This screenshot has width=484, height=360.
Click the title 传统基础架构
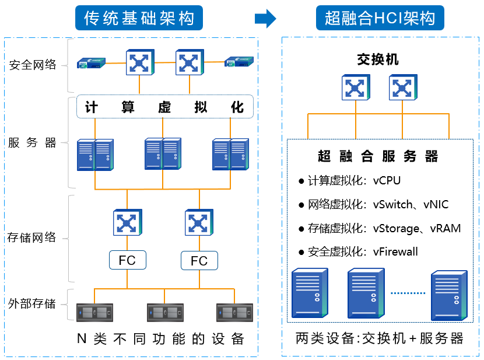(x=139, y=19)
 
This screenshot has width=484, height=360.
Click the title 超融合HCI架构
(x=380, y=19)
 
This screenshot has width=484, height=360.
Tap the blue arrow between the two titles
(x=265, y=19)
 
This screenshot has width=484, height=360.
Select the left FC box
(x=127, y=260)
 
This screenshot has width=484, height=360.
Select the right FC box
(x=199, y=260)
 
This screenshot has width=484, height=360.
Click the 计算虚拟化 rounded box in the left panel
(x=165, y=107)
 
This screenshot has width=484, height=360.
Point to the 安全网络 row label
(x=33, y=65)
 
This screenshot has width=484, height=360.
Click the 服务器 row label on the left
(x=33, y=143)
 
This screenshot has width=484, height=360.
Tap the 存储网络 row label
(x=33, y=237)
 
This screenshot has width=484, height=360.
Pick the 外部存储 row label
(x=33, y=303)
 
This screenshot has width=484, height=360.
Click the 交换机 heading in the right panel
(x=377, y=60)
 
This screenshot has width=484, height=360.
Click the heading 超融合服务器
(x=378, y=156)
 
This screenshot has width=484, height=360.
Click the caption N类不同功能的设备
(x=160, y=339)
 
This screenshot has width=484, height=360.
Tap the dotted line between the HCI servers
(x=408, y=293)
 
